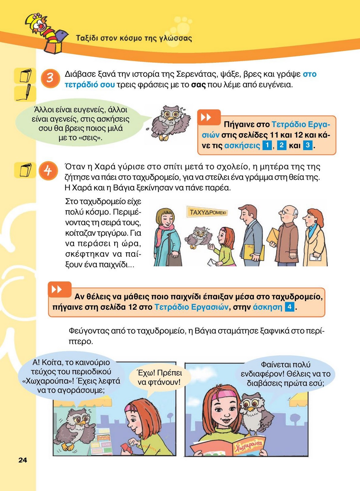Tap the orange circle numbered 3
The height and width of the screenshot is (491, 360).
[50, 79]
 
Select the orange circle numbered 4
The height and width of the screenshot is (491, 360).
[48, 171]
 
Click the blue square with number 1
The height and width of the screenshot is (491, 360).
[267, 145]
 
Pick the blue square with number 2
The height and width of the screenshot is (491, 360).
[282, 145]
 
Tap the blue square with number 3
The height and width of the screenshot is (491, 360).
[307, 145]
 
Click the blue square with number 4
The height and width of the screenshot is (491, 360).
[290, 307]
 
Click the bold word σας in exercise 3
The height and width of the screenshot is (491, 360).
[198, 85]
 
